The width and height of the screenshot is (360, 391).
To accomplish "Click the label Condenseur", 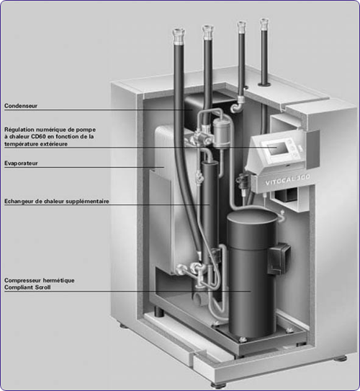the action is coord(21,106).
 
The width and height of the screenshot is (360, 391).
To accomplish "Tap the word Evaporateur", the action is coord(21,163).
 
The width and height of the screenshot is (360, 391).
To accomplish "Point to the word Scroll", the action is coord(43,287).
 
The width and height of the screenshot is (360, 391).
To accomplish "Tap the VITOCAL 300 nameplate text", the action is coord(287,179).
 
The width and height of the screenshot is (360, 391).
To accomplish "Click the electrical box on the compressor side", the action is coord(279,259).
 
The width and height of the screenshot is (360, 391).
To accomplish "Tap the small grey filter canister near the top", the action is coord(221,134).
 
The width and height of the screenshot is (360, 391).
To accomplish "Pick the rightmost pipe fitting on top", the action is coord(264,24).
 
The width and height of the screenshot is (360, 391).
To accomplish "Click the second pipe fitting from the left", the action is coord(207,32).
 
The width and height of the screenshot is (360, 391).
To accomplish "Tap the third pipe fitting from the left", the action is coord(241,27).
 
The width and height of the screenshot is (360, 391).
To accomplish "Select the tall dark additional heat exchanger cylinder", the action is coord(210,212).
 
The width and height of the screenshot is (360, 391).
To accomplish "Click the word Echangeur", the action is coord(19,202).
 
